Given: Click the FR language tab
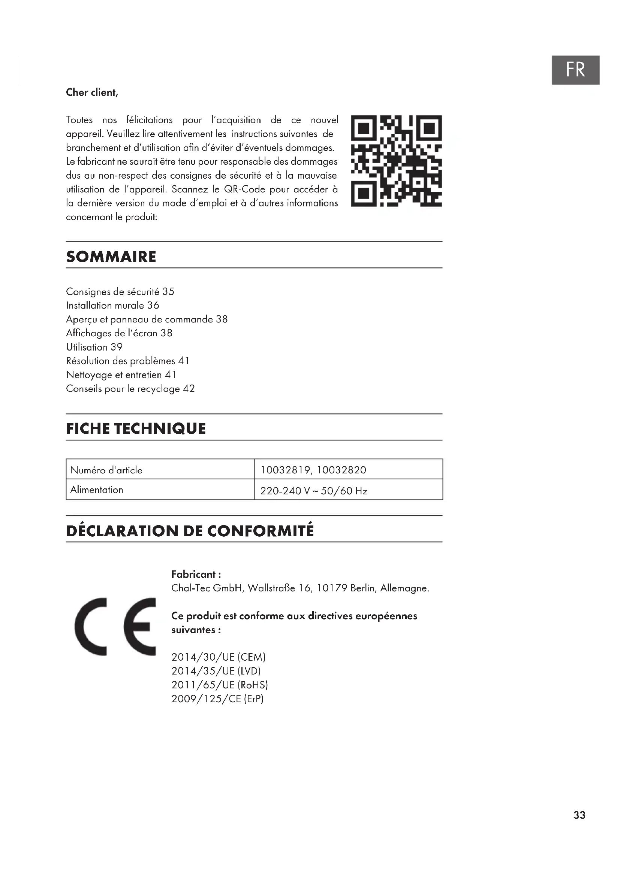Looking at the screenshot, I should (x=575, y=70).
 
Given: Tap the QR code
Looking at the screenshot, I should (x=396, y=161).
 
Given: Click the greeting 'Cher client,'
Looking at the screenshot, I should (x=92, y=93).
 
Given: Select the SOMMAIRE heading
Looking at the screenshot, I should (x=111, y=257).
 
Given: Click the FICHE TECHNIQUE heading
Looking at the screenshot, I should (x=136, y=429).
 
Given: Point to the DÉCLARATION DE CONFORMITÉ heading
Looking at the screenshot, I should (x=190, y=531).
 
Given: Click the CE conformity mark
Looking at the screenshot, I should (x=115, y=627).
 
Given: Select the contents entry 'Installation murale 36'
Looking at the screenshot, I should (x=112, y=305).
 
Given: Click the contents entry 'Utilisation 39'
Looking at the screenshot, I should (x=94, y=347).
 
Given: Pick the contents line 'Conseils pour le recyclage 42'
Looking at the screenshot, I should (x=130, y=388).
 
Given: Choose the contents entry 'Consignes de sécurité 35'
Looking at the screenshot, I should (x=120, y=291).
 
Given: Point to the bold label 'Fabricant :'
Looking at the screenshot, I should (x=196, y=574).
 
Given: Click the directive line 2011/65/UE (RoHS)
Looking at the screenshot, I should (x=220, y=685).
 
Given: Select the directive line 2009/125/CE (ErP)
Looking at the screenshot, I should (x=217, y=698).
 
